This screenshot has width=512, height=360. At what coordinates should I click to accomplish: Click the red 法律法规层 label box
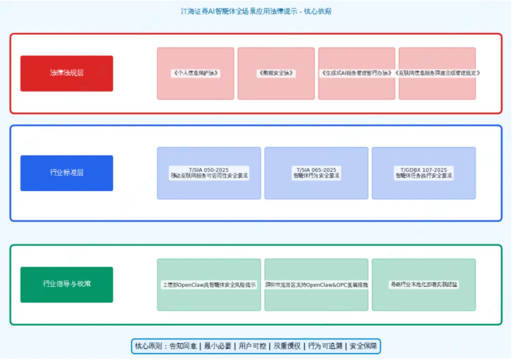click(x=66, y=73)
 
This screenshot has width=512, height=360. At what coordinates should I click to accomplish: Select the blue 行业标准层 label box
click(x=66, y=173)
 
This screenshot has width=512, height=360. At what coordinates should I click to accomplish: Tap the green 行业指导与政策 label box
click(x=66, y=284)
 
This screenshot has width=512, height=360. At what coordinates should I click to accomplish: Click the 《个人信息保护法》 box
click(x=195, y=73)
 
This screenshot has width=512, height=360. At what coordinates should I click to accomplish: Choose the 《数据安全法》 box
click(x=276, y=73)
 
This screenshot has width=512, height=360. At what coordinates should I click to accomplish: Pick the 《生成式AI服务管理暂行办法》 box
click(x=357, y=73)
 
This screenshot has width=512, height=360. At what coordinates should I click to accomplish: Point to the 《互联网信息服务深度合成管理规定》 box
click(x=437, y=73)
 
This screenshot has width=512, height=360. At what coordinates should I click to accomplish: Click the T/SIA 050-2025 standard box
click(x=209, y=173)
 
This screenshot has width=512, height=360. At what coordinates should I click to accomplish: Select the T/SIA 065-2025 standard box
click(x=316, y=173)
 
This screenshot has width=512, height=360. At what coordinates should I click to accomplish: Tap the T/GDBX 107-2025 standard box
click(x=424, y=173)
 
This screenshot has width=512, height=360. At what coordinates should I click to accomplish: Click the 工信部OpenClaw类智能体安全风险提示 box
click(x=209, y=285)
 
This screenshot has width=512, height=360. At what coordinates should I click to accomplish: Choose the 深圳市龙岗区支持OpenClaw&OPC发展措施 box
click(x=316, y=285)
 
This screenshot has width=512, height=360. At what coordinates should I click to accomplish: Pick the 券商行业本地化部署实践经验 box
click(x=424, y=285)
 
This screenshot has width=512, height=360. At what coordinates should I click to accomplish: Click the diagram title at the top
click(x=256, y=11)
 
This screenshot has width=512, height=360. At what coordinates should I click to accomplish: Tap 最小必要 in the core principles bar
click(x=218, y=346)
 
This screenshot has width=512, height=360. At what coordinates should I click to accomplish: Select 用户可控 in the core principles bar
click(x=252, y=346)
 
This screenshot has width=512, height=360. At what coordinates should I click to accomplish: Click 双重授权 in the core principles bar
click(x=287, y=346)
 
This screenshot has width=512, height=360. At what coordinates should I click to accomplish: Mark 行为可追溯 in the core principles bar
click(x=325, y=346)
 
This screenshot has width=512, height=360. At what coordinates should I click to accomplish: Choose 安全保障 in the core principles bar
click(x=363, y=346)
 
